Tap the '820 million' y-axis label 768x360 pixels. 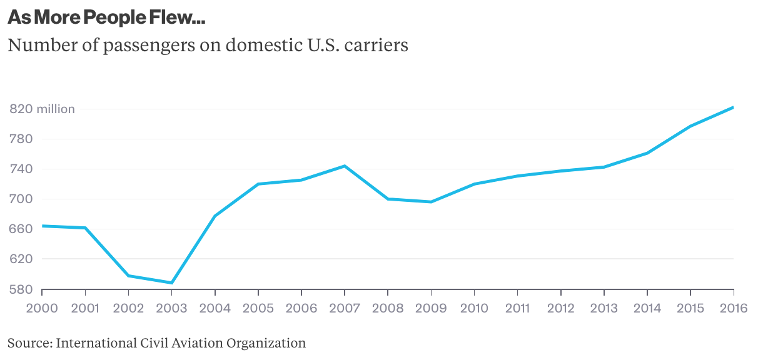[x=42, y=109]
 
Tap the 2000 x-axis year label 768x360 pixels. [x=42, y=308]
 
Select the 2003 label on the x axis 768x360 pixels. [x=171, y=308]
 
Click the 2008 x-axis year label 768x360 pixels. [x=388, y=308]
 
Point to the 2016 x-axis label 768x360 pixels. [x=733, y=308]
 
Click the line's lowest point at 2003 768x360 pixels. [x=171, y=283]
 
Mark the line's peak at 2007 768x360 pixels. [x=345, y=166]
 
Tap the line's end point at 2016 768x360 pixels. [x=733, y=107]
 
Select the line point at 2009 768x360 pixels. [x=431, y=202]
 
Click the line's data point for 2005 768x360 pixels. [x=258, y=184]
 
